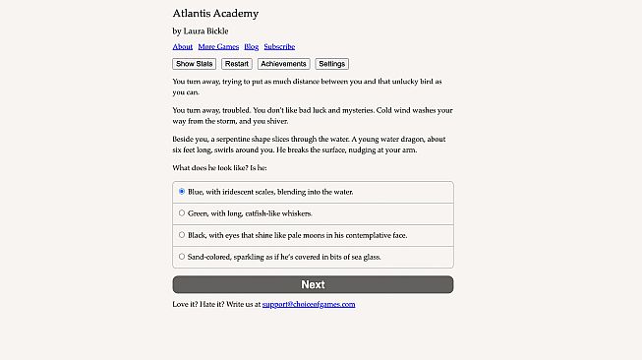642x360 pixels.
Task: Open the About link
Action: click(x=182, y=46)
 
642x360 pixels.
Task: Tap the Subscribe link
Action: click(x=279, y=46)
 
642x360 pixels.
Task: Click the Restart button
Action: click(x=237, y=64)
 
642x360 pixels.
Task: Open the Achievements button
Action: click(x=284, y=64)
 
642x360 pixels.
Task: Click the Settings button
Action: click(x=331, y=64)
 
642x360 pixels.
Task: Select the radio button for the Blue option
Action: click(x=182, y=192)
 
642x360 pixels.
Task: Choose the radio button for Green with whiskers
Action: click(x=182, y=212)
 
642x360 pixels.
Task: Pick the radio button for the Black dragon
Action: click(x=182, y=235)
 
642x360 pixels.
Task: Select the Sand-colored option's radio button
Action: click(x=182, y=257)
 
